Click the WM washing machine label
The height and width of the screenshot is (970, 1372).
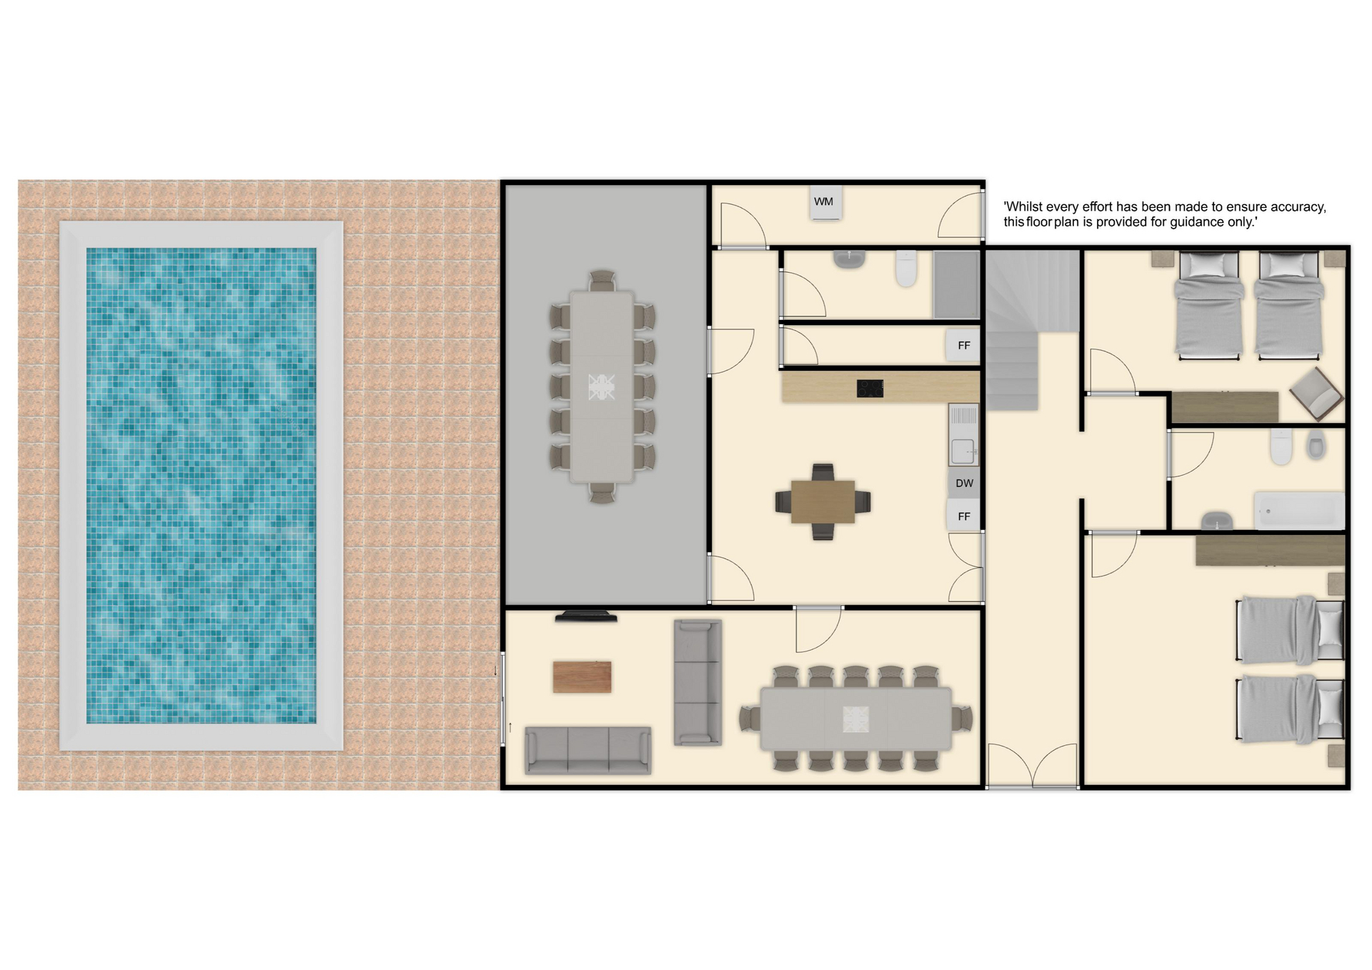tap(823, 202)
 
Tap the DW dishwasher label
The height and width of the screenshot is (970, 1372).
tap(964, 484)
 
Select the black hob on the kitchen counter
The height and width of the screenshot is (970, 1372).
tap(870, 388)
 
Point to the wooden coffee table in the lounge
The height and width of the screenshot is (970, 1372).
tap(582, 676)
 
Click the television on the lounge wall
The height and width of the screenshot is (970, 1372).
tap(586, 616)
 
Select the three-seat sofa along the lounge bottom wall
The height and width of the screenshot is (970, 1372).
tap(587, 750)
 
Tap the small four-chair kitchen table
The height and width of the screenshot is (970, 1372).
tap(822, 502)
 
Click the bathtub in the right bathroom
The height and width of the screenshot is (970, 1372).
tap(1299, 511)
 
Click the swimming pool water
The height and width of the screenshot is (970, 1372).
tap(201, 486)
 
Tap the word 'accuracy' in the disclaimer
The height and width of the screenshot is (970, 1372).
tap(1296, 206)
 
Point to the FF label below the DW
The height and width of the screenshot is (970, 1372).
tap(964, 516)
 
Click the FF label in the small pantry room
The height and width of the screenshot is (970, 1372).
tap(964, 346)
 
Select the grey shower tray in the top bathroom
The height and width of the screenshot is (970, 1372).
tap(956, 284)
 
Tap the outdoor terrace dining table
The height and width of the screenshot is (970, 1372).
tap(602, 387)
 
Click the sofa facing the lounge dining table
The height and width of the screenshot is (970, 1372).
tap(697, 683)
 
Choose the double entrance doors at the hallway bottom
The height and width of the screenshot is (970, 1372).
tap(1032, 766)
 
